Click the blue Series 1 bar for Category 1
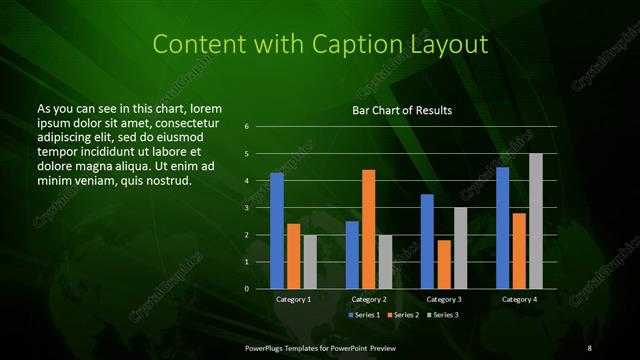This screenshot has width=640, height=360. click(x=277, y=231)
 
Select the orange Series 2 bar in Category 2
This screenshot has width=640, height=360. click(x=368, y=229)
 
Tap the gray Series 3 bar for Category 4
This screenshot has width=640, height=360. click(x=535, y=221)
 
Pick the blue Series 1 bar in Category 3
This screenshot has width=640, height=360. click(x=427, y=241)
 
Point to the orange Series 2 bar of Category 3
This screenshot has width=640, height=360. click(x=443, y=264)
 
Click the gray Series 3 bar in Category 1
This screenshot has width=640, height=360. click(x=310, y=262)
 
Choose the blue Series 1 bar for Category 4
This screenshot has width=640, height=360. click(x=502, y=228)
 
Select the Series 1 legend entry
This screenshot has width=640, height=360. click(x=364, y=314)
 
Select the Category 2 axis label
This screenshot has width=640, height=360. click(x=368, y=299)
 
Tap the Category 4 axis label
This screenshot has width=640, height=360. click(x=518, y=299)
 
